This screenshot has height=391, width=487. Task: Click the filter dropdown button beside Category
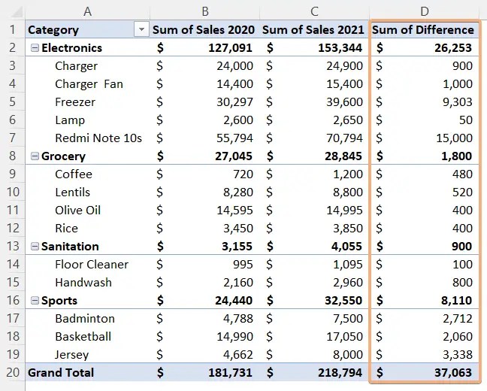[140, 30]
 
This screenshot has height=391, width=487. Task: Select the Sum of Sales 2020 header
[204, 30]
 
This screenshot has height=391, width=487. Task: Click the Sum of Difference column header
[423, 30]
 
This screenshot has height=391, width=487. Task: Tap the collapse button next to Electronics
[34, 48]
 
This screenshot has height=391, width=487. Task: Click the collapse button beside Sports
[34, 301]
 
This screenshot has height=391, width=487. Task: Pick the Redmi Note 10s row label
[98, 138]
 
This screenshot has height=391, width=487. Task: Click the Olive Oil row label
[77, 211]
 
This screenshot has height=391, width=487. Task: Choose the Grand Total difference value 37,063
[452, 373]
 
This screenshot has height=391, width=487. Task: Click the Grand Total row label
[61, 373]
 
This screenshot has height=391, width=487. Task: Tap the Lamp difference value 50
[464, 120]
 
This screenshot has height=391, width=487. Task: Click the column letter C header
[314, 11]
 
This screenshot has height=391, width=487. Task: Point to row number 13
[12, 247]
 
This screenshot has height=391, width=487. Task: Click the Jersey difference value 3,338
[456, 355]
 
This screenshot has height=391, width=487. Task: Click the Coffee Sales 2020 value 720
[243, 174]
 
